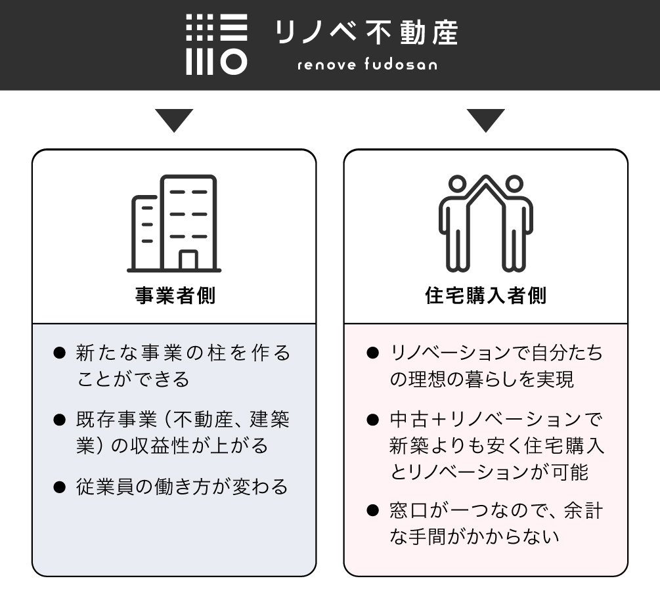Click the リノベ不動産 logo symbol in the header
click(217, 44)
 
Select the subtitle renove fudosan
click(366, 65)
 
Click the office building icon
click(174, 223)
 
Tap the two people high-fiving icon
click(485, 223)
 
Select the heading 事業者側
click(175, 295)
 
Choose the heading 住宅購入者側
click(485, 295)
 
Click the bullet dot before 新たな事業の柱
click(60, 353)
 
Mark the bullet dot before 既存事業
click(60, 420)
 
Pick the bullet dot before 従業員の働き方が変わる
click(60, 487)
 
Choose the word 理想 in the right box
click(428, 380)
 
